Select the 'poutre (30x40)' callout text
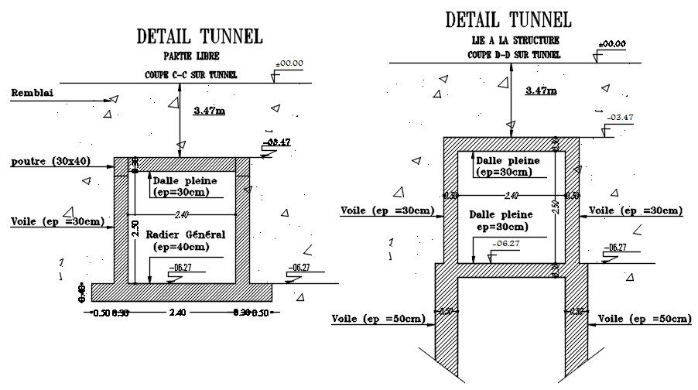[50, 162]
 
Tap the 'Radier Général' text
[188, 234]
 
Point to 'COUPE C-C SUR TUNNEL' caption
[190, 75]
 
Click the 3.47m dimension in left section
[209, 111]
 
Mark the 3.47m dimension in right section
[541, 91]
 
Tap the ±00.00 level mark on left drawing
[289, 63]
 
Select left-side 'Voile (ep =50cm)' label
[378, 319]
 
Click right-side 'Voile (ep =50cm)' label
[645, 319]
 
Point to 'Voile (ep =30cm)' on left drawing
[57, 222]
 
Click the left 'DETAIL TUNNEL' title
[200, 36]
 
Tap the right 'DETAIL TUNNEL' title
[508, 19]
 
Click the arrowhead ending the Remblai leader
[112, 98]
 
